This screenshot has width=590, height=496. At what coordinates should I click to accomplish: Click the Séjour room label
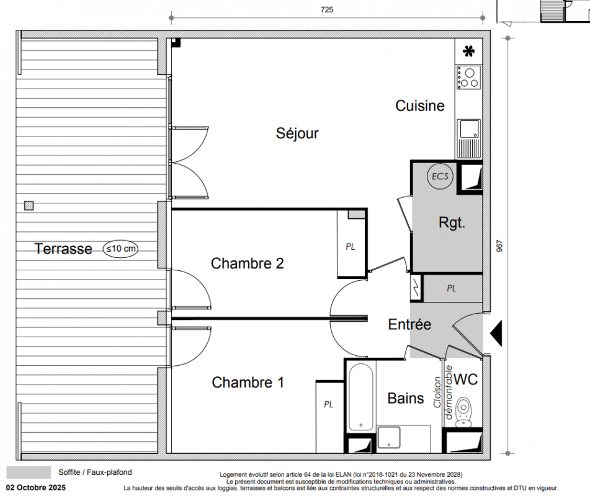297,133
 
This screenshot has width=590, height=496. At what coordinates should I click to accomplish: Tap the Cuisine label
420,105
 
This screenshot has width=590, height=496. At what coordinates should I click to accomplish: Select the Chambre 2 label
247,263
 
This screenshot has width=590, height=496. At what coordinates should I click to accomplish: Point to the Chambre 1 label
248,383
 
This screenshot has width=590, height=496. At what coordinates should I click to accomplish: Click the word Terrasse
63,249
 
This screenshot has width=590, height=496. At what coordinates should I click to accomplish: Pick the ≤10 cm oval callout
120,249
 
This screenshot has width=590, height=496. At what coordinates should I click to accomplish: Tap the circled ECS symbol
440,176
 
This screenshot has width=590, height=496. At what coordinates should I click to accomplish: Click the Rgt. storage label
452,223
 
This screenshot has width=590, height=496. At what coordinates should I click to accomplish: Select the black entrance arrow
496,334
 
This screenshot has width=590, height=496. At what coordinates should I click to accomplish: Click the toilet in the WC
463,412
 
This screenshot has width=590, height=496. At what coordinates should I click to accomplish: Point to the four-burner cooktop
469,77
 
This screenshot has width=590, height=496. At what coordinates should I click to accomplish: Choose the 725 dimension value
326,10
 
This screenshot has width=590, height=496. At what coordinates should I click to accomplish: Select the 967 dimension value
499,246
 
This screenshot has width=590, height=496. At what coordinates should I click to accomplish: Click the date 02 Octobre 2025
36,488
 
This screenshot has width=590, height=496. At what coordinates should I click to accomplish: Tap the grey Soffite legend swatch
29,472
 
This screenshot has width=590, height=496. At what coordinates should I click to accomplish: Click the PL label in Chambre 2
351,247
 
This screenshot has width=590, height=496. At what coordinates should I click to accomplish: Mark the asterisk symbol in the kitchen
469,51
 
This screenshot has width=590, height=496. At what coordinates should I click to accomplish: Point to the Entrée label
409,324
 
